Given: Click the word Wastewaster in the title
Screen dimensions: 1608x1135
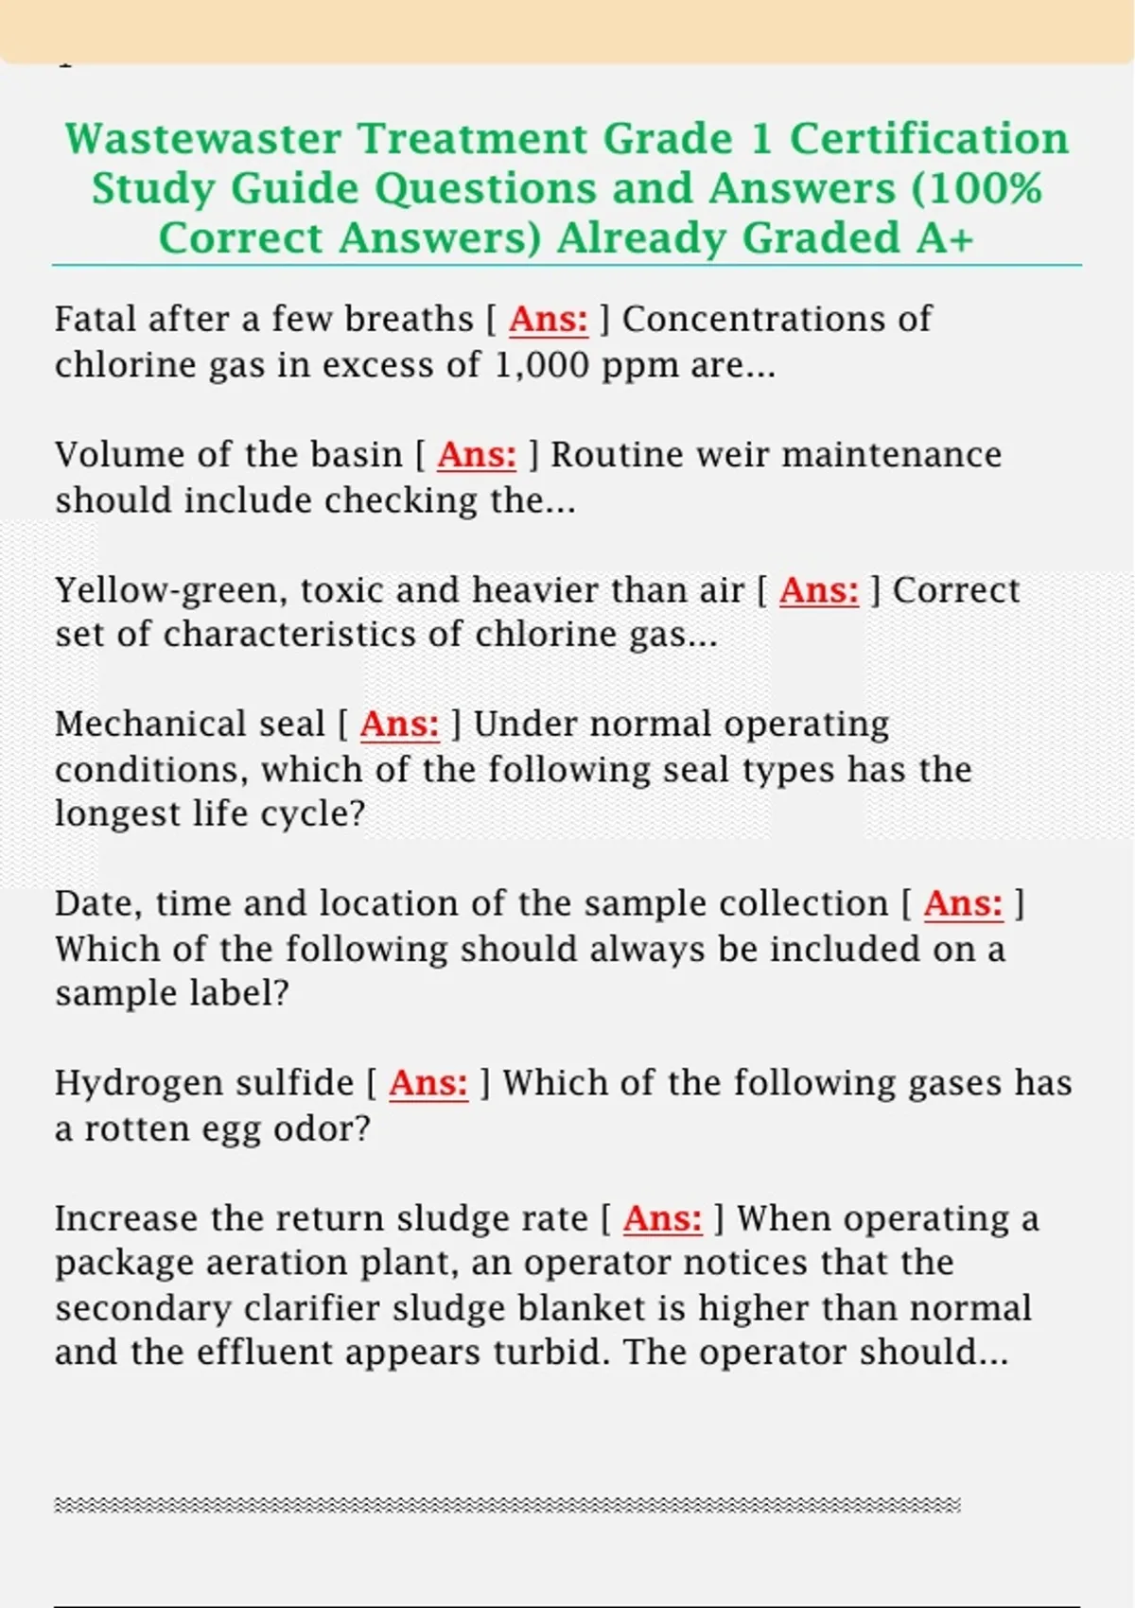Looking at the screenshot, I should pos(202,139).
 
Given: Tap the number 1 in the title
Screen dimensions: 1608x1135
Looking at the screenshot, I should pos(760,139).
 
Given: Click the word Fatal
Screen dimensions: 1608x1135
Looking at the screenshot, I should pos(95,320).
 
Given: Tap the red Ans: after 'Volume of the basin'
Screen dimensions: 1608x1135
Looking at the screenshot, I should pos(477,455).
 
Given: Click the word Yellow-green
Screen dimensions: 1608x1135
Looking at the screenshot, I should pos(170,590).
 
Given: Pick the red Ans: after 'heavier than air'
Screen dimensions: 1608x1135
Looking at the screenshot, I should pos(819,590).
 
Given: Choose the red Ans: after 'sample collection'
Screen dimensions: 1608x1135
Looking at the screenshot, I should pos(963,903).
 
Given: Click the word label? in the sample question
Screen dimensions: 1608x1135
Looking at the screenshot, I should pos(240,993).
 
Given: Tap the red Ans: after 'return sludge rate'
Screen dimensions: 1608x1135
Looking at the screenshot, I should pos(662,1218).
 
